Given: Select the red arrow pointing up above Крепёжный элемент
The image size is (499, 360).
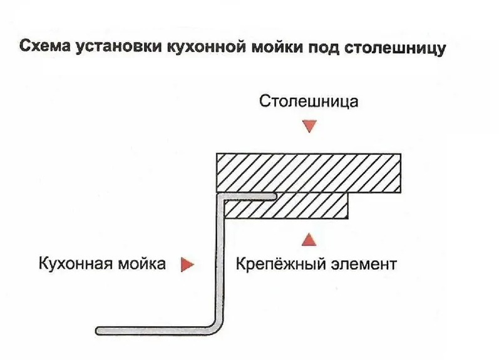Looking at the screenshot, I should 308,239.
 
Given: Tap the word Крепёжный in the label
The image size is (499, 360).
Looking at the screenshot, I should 276,264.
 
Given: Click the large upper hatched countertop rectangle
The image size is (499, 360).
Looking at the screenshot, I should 308,172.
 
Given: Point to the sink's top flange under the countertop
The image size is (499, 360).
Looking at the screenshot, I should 247,197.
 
